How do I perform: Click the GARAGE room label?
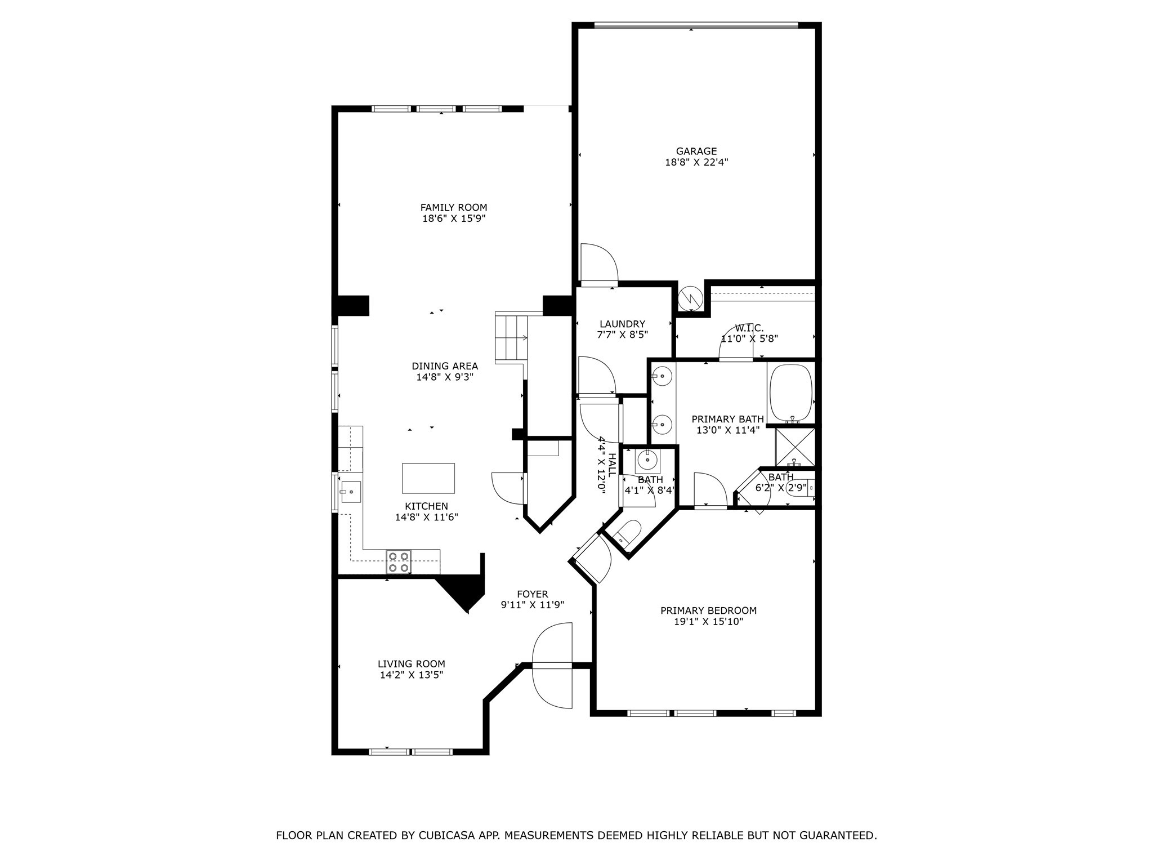click(696, 151)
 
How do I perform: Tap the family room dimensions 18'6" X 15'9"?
click(454, 219)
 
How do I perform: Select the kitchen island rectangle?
click(428, 478)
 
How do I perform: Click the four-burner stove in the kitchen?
click(398, 562)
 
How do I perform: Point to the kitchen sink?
click(350, 492)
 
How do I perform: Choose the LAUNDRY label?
click(622, 324)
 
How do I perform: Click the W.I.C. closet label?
click(749, 328)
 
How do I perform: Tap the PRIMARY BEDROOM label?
click(708, 610)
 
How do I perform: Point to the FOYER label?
click(532, 594)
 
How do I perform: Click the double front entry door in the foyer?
click(552, 665)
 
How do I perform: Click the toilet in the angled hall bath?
click(627, 533)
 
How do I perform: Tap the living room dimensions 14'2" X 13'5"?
click(412, 675)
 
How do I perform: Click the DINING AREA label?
click(445, 366)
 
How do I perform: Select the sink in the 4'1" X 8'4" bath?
click(647, 460)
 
